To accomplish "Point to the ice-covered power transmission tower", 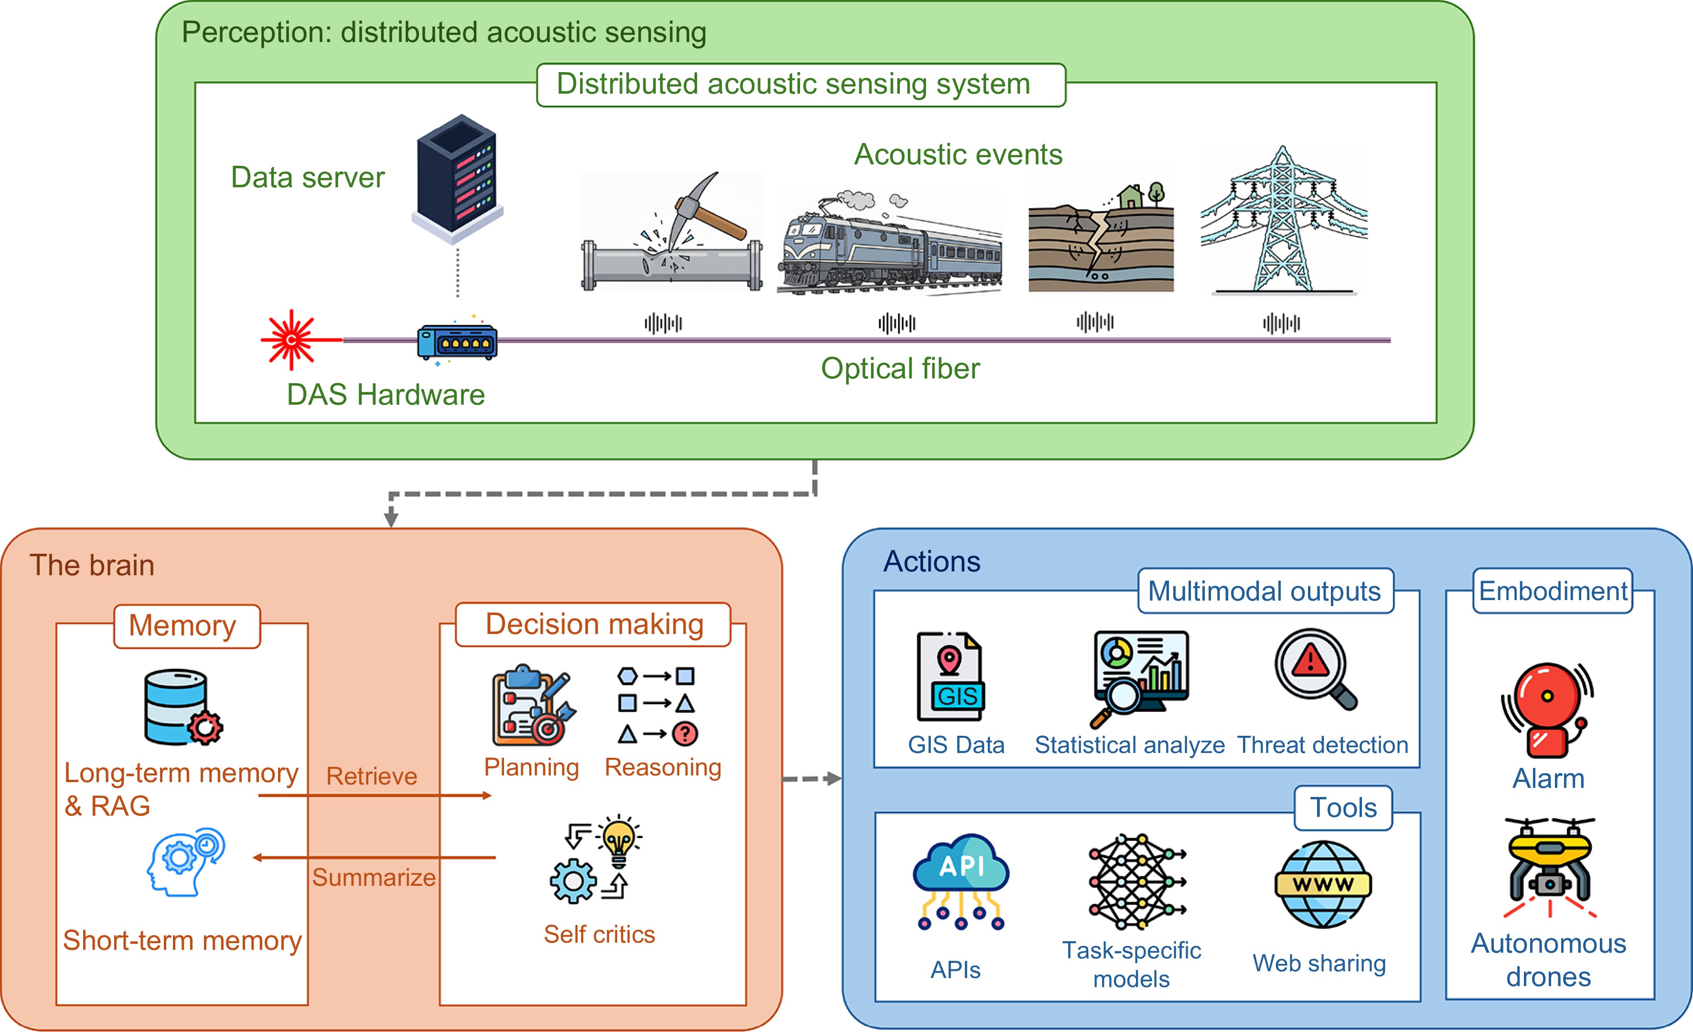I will [1282, 220].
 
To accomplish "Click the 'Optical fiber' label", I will [900, 369].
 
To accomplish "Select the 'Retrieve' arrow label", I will [372, 776].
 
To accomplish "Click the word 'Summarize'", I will [374, 877].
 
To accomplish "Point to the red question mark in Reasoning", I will [685, 734].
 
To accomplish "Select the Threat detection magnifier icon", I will [1314, 668].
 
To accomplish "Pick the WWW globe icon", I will [1323, 884].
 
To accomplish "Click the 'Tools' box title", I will [1343, 808].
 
